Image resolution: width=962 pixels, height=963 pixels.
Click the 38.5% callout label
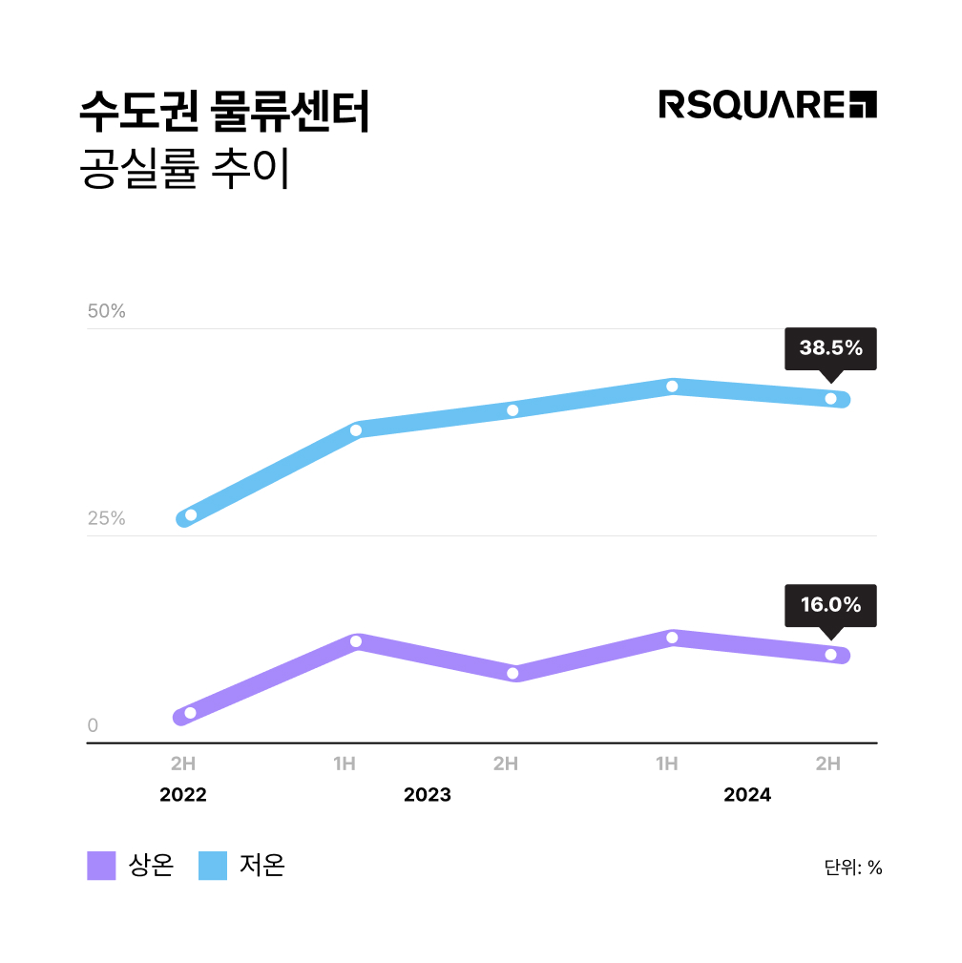click(830, 348)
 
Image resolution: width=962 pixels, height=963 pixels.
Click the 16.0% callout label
click(830, 605)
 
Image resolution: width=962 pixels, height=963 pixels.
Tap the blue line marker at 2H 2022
click(191, 515)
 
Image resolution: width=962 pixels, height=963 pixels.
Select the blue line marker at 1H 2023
click(356, 430)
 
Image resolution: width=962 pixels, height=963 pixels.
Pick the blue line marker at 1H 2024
click(672, 387)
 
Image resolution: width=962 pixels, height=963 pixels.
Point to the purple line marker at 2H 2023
click(512, 673)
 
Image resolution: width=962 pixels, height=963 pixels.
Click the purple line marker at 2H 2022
click(191, 713)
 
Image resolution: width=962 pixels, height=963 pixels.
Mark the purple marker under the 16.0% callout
click(830, 655)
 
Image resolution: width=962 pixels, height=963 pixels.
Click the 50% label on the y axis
click(107, 311)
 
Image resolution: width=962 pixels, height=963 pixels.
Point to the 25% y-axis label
click(107, 518)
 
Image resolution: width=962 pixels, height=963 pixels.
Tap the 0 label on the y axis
click(93, 725)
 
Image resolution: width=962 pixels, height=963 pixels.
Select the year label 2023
click(428, 795)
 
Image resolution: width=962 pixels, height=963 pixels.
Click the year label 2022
click(183, 795)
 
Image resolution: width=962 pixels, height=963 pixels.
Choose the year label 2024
click(747, 795)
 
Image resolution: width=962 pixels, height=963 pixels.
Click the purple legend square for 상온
click(101, 866)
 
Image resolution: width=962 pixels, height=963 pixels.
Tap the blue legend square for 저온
click(213, 866)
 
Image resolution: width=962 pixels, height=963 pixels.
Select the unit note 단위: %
click(853, 868)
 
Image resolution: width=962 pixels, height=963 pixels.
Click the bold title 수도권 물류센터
click(224, 114)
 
